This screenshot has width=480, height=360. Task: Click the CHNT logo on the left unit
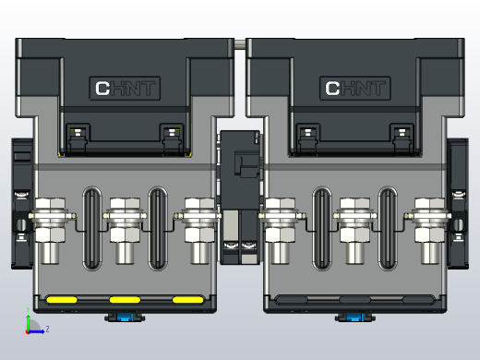[x=126, y=89]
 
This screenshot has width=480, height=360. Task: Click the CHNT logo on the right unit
[x=355, y=89]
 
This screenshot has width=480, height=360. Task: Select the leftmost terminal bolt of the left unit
[x=50, y=218]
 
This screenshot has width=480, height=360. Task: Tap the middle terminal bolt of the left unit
[x=124, y=218]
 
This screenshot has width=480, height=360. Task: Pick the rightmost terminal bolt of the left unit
[x=198, y=218]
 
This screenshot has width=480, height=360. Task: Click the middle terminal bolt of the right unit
[x=354, y=218]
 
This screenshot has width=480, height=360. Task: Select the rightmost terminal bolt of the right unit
[x=428, y=218]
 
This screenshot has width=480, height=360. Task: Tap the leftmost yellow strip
[x=62, y=300]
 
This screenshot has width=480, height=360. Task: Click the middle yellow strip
[x=125, y=300]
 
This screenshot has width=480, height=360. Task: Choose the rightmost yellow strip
[x=187, y=300]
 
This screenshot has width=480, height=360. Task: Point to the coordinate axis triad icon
[x=31, y=325]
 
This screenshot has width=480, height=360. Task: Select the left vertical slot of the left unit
[x=90, y=229]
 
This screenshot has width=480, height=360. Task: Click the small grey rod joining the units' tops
[x=240, y=42]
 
